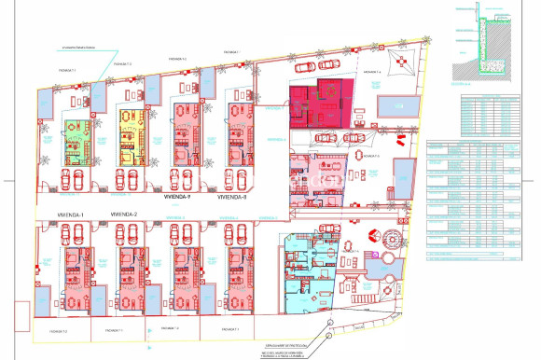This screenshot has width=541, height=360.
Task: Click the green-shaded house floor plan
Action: coord(75,142)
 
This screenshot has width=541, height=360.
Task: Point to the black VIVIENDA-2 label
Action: coord(124,215)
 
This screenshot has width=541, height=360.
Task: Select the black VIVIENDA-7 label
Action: coord(176,198)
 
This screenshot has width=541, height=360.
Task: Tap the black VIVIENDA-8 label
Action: coord(230,198)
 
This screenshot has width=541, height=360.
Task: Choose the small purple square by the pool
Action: coord(381,255)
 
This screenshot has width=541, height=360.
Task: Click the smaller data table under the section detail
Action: coord(485,112)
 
